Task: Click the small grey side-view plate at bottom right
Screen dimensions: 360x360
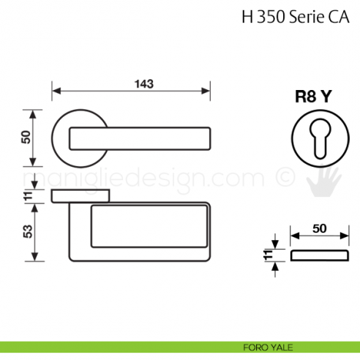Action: point(318,255)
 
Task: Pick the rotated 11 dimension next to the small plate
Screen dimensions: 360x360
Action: point(268,255)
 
